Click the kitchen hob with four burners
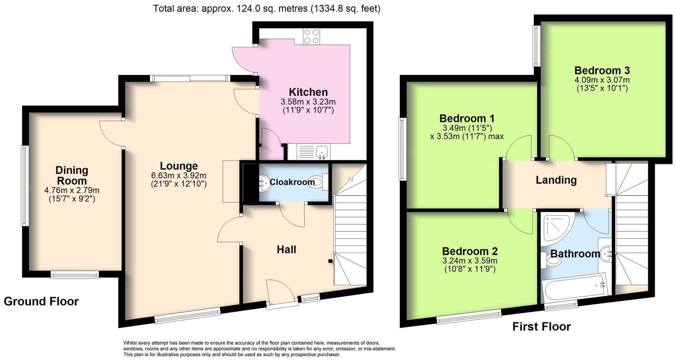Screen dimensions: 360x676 point(311,37)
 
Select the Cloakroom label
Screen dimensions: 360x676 point(292,182)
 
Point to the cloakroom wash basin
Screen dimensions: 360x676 point(265,183)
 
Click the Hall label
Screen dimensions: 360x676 point(286,249)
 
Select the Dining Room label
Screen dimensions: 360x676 point(72,176)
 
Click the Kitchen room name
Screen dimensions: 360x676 point(308,92)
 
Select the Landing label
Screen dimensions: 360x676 point(556,180)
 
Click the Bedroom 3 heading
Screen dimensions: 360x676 point(602,70)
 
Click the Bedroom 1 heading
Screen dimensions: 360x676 point(467,118)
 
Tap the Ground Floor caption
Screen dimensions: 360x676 point(41,301)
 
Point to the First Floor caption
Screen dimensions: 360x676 point(541,327)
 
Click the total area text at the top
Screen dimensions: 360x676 point(267,9)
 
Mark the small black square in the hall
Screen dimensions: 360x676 point(330,261)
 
